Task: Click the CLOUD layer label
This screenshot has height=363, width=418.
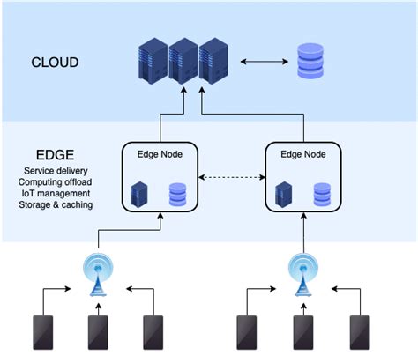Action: (55, 63)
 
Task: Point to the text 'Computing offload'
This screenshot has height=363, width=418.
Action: (55, 181)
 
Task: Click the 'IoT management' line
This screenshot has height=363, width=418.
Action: (55, 193)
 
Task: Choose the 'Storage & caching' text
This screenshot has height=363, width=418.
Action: (55, 205)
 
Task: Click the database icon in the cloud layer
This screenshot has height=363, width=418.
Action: (310, 61)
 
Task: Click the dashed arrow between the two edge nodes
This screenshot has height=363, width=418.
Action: (232, 179)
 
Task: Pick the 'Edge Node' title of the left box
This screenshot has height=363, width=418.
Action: (160, 153)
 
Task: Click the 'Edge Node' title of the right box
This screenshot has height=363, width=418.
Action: (303, 153)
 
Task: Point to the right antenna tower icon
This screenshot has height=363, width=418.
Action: (302, 271)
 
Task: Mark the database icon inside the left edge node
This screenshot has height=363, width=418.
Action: (177, 193)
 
